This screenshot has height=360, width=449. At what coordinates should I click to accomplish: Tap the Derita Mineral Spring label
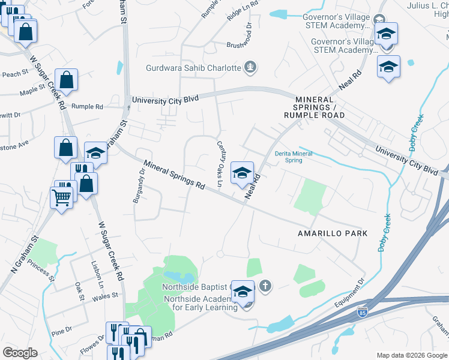coord(294,157)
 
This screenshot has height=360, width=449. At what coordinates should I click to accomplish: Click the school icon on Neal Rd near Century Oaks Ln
coord(242,173)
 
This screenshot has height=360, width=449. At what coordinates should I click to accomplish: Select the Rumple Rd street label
coord(87,107)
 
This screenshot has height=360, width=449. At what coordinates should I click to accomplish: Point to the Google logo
coord(20,353)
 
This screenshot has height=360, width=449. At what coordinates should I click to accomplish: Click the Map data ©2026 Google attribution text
coord(411,355)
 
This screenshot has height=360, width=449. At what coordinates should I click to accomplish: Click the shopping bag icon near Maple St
coord(67,80)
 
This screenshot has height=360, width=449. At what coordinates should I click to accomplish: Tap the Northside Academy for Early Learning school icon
coord(242,292)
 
